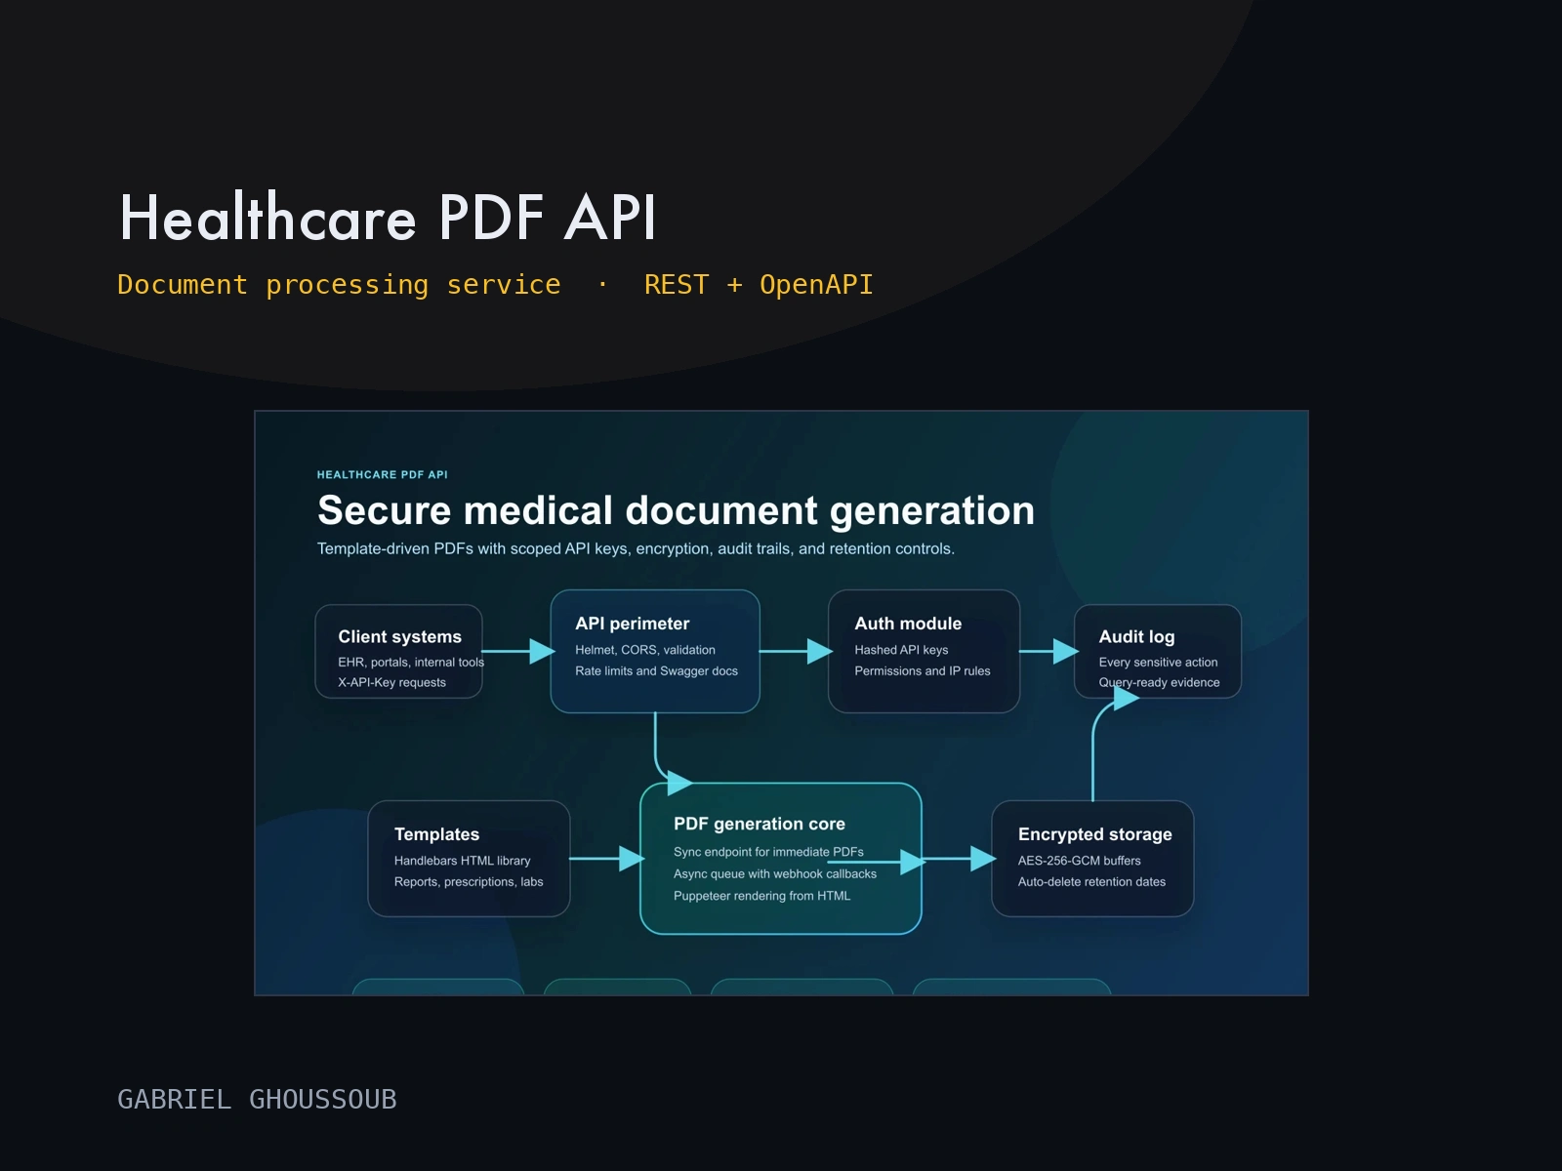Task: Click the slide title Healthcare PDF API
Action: click(388, 217)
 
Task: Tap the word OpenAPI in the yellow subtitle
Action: click(816, 285)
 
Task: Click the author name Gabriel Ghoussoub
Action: click(257, 1099)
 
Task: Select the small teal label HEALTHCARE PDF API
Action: click(382, 474)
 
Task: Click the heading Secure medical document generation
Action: click(676, 510)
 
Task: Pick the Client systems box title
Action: click(400, 636)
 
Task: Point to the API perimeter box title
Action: click(632, 624)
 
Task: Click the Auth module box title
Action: click(908, 624)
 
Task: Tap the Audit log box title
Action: click(1136, 637)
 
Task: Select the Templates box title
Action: click(437, 834)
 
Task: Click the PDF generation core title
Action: click(760, 824)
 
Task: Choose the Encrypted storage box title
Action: click(1094, 834)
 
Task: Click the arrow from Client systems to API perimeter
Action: click(518, 651)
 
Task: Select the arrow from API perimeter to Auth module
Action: click(796, 651)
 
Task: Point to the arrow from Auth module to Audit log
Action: click(1048, 651)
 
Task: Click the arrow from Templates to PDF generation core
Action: click(607, 859)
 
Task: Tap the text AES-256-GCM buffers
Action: click(1079, 861)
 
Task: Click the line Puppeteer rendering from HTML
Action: click(761, 896)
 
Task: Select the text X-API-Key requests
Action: click(392, 682)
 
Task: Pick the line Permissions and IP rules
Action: click(923, 671)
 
